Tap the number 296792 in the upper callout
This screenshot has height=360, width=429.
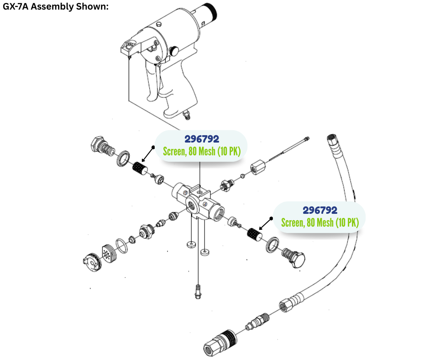[201, 139]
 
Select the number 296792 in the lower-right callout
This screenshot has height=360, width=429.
[320, 210]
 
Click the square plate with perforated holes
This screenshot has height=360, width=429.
[110, 252]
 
